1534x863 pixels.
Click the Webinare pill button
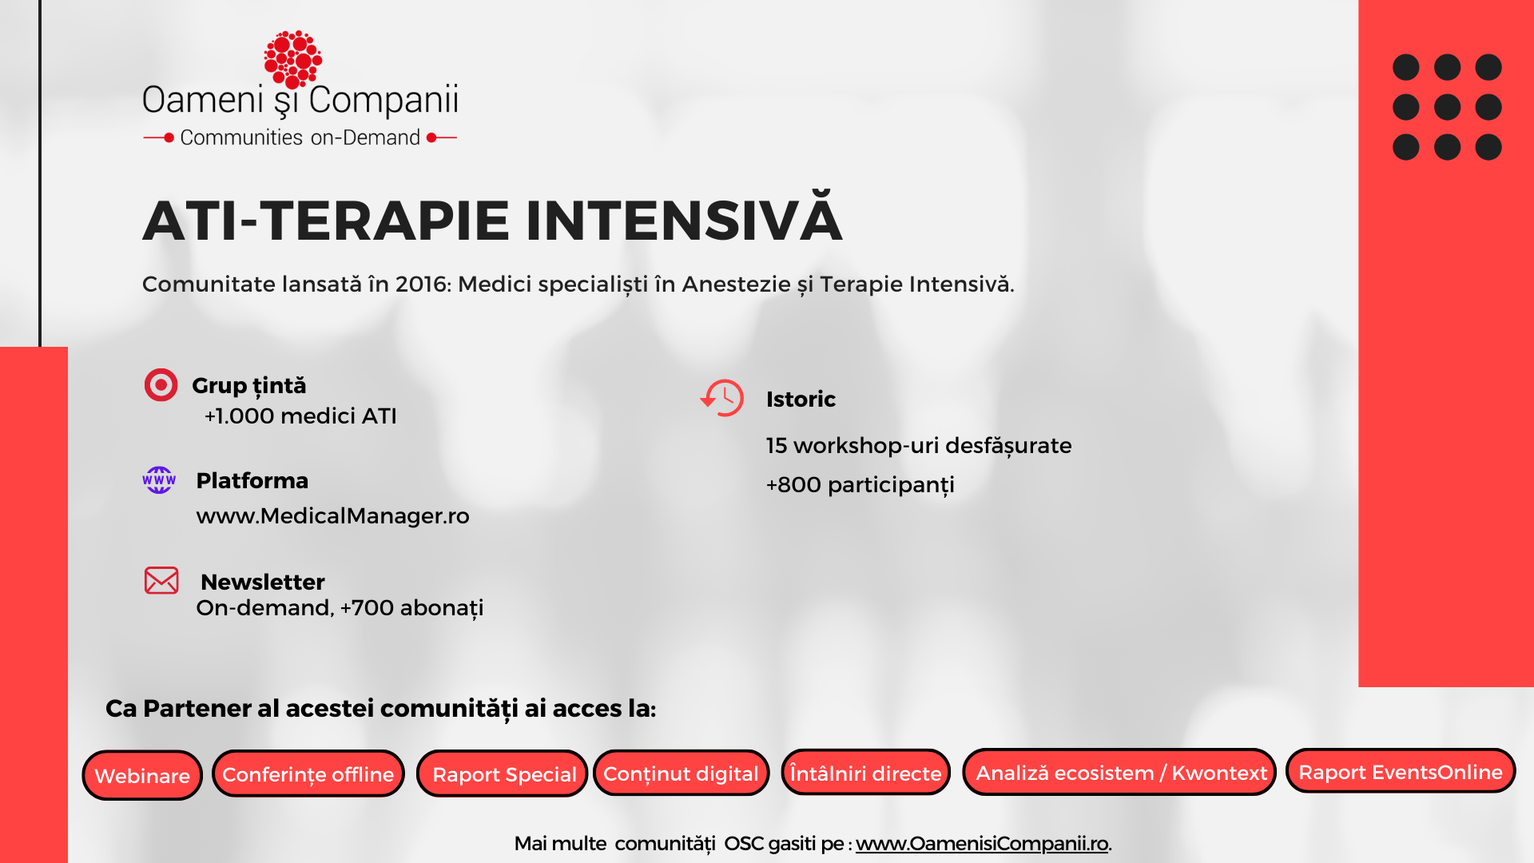142,775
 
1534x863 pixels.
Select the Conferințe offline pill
308,774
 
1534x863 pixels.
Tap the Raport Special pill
503,774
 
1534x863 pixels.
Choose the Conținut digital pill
682,773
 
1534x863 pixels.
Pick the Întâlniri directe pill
866,772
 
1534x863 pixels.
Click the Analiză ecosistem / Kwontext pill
1119,772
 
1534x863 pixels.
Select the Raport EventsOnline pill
1401,771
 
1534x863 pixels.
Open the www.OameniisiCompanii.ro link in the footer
982,844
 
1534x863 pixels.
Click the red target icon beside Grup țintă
161,385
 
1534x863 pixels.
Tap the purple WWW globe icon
159,480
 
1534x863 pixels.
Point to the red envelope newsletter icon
161,581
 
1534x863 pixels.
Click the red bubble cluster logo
292,59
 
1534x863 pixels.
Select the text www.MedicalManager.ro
333,516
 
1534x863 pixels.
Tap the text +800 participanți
860,485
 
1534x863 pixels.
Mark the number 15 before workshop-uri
777,446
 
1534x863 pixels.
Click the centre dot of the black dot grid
1447,107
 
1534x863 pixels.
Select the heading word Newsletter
263,582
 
